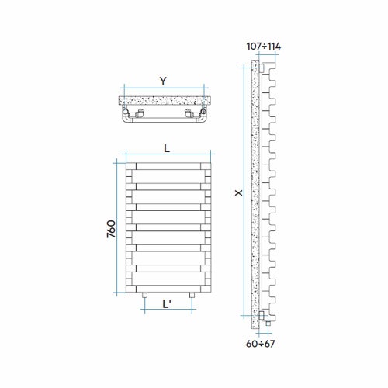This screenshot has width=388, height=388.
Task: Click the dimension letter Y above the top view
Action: coord(161,80)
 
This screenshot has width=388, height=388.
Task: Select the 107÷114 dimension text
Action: coord(263,47)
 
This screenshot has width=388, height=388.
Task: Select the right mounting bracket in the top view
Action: coord(189,114)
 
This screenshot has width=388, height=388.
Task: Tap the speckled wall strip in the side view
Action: coord(253,194)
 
